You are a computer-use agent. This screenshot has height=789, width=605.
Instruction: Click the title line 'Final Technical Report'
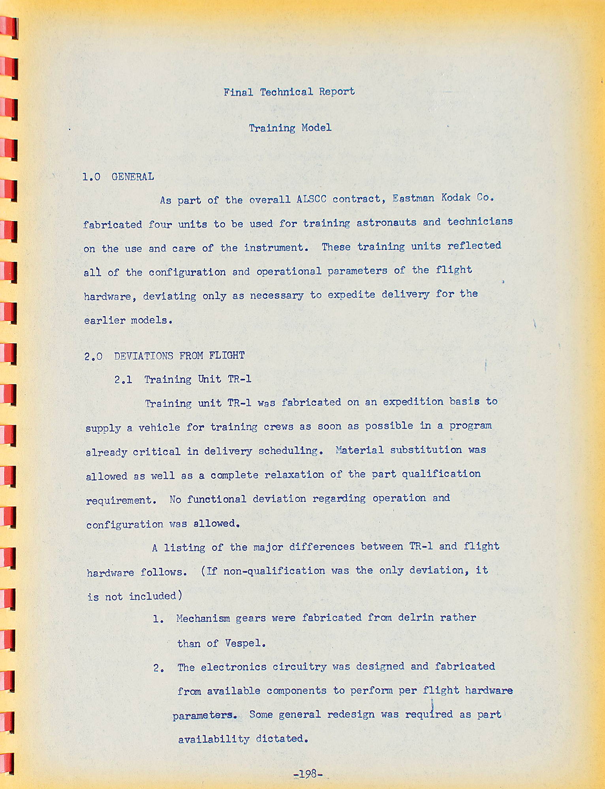289,92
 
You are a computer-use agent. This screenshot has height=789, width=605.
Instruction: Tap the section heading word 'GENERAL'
133,177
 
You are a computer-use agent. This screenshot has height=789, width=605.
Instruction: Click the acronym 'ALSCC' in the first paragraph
311,199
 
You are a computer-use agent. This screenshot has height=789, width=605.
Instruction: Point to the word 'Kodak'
456,198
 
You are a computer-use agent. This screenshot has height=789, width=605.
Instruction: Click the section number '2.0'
93,357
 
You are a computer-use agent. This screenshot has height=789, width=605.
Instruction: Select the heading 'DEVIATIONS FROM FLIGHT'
179,356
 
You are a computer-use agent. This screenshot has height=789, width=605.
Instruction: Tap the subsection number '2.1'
123,380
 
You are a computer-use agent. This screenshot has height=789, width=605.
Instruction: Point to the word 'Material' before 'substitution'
359,450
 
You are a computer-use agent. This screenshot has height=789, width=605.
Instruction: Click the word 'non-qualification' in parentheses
274,571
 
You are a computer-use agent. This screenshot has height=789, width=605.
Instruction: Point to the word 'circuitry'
299,667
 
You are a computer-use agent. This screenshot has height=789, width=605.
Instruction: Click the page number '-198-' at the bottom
308,774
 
